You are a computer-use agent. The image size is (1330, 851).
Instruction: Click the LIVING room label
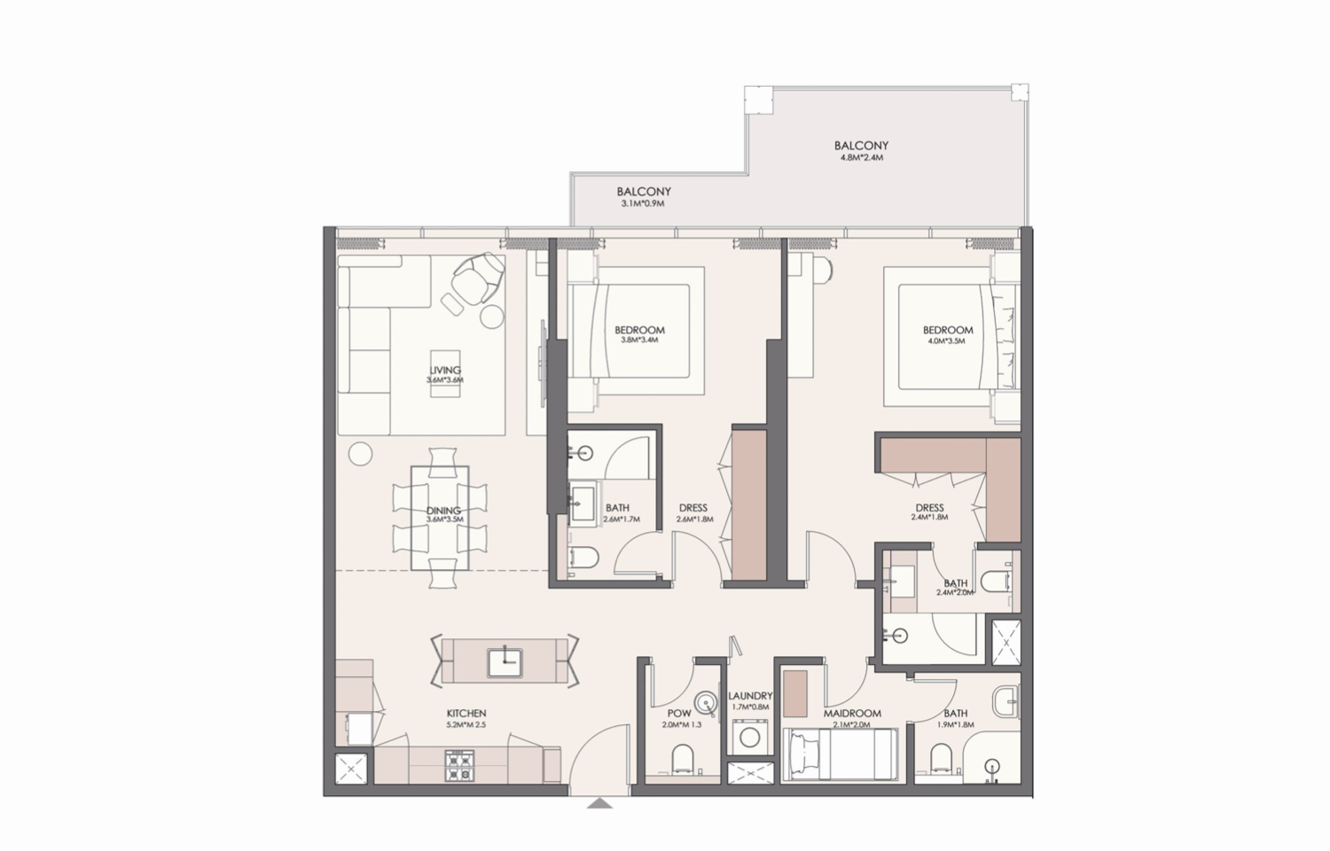pos(444,371)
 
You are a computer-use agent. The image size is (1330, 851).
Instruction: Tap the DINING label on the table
pos(442,511)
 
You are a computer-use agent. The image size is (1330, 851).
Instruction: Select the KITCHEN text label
pos(466,714)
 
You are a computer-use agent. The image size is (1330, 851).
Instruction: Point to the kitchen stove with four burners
pos(458,766)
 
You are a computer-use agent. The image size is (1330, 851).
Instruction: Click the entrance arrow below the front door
pos(600,804)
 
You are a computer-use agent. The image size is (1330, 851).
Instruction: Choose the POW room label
pos(678,714)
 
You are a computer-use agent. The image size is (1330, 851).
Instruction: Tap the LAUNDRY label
pos(749,697)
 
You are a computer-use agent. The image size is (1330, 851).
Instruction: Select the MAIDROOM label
pos(851,714)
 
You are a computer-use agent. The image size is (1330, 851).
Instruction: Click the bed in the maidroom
pos(838,754)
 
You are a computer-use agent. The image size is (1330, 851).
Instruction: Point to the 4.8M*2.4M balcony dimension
pos(861,158)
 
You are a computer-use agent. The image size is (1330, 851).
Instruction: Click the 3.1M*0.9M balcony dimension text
pos(643,204)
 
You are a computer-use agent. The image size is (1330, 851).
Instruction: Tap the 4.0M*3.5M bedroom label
pos(947,340)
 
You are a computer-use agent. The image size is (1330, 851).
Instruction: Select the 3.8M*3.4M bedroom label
pos(639,340)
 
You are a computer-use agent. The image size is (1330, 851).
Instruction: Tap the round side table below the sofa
pos(358,454)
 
